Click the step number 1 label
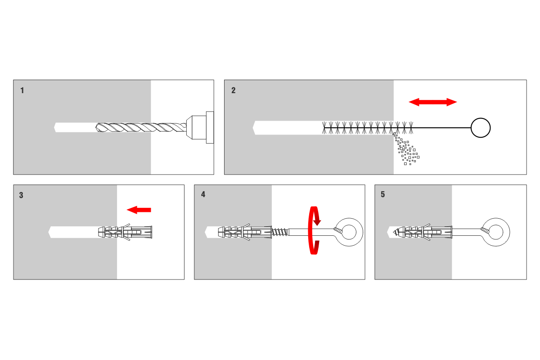22,90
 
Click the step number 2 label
233,90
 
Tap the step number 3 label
22,195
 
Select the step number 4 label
203,195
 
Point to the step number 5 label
383,195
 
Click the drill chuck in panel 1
200,127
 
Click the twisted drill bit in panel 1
139,127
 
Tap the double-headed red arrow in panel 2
432,102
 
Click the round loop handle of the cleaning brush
480,128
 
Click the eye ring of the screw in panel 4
351,232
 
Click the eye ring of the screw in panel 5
500,232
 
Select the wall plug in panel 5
423,232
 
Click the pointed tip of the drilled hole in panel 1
55,127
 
